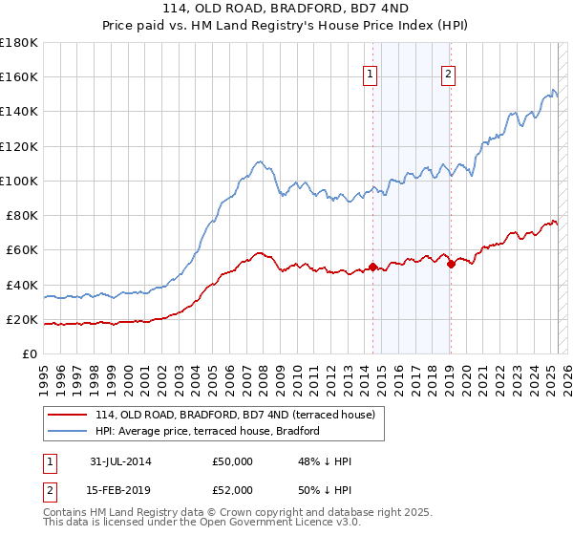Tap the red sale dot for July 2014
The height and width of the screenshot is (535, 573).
point(372,267)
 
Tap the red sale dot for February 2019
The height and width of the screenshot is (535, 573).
point(451,264)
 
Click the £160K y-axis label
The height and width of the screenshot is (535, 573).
point(19,76)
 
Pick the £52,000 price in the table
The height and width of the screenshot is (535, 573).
point(232,488)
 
